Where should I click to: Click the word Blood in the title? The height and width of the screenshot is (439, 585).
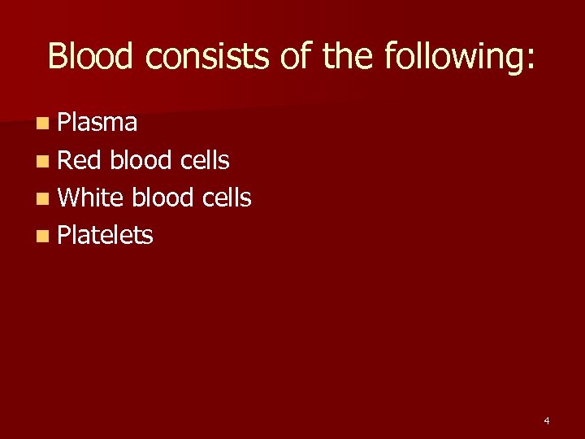point(89,56)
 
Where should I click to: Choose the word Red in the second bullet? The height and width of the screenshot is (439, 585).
point(79,160)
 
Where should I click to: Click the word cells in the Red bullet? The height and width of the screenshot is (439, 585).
point(205,160)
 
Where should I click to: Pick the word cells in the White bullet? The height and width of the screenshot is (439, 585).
point(227,198)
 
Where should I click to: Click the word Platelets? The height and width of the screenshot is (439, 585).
point(106,235)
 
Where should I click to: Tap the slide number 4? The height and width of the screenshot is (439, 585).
point(546,421)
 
